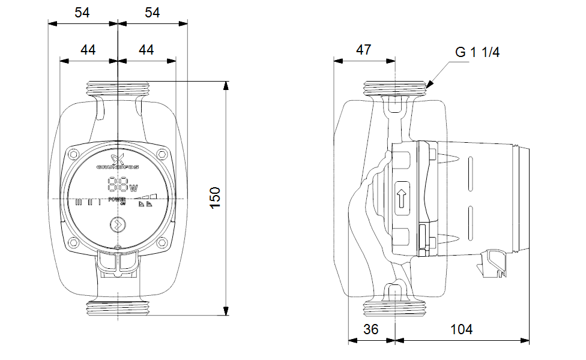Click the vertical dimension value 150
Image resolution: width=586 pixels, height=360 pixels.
215,197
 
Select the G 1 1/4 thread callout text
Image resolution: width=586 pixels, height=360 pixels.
477,52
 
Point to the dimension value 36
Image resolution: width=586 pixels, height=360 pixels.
371,329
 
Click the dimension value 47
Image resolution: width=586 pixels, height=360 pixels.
363,50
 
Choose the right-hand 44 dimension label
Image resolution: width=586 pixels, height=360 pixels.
146,50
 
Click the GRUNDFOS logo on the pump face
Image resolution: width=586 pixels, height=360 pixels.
118,163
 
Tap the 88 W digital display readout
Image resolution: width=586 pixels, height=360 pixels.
118,185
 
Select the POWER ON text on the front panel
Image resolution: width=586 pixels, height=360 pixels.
118,200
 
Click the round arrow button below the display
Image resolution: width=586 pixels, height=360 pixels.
118,226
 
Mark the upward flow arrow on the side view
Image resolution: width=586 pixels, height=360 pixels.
401,199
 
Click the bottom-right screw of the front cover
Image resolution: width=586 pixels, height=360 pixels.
163,242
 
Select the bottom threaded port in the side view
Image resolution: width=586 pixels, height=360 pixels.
396,310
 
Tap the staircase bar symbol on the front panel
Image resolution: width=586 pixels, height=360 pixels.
145,196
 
